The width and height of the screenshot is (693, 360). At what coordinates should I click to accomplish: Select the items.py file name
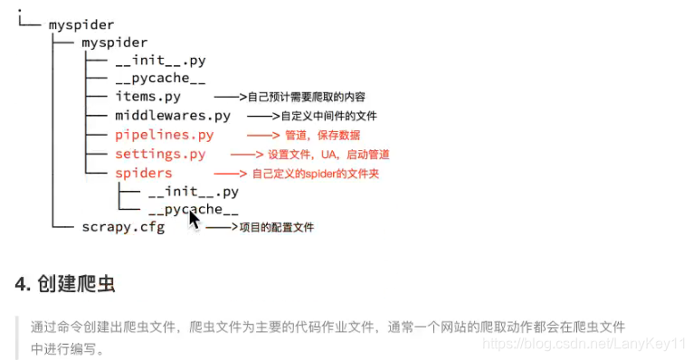(147, 97)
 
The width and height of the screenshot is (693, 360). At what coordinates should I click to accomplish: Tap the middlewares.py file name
(173, 116)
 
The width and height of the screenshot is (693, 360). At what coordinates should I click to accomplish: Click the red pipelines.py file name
(165, 135)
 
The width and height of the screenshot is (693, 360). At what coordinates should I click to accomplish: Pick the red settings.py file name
(160, 154)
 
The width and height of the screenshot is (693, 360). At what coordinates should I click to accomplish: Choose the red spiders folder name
(143, 173)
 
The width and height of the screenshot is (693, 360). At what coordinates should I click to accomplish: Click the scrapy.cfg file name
(123, 227)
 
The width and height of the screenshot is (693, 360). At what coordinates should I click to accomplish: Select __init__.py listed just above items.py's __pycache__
(160, 61)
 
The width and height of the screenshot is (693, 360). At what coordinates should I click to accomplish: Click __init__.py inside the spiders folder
(193, 192)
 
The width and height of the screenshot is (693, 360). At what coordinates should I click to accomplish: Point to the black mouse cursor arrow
(193, 219)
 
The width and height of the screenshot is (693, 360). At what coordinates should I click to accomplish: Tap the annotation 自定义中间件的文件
(328, 117)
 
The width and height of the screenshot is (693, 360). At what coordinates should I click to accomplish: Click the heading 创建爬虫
(77, 284)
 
